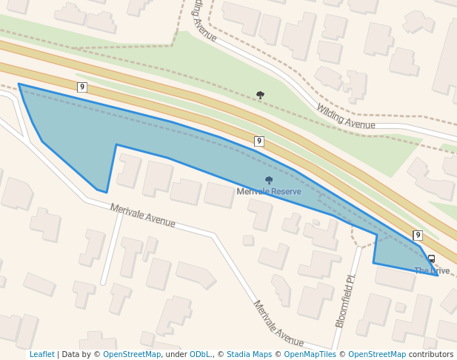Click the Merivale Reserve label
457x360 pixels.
point(269,192)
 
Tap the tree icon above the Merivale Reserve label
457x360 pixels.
point(269,180)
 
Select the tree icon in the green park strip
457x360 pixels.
point(260,95)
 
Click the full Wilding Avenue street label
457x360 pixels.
point(345,116)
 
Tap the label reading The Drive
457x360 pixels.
point(432,271)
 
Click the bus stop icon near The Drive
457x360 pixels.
point(432,259)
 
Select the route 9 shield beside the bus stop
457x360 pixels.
point(418,236)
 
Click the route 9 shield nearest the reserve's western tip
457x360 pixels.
point(82,87)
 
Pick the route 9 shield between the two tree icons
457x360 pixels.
point(258,141)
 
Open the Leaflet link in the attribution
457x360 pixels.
point(42,355)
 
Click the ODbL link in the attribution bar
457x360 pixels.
point(200,355)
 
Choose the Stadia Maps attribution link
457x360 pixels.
point(249,355)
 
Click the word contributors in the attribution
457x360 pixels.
point(431,355)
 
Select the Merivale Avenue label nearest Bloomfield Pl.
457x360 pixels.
point(278,324)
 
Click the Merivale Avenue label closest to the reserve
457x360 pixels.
point(143,216)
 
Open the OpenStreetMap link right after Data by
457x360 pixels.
point(132,355)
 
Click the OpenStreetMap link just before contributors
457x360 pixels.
point(377,355)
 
